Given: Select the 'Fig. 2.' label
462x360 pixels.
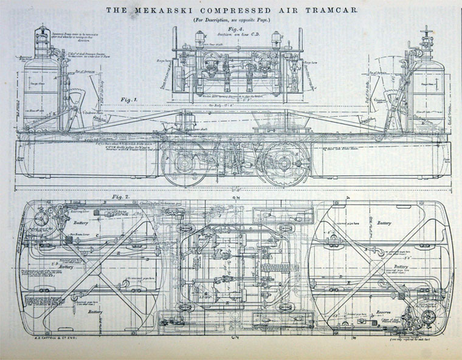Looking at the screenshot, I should (119, 197).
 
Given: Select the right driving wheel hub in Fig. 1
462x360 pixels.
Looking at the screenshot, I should (282, 164).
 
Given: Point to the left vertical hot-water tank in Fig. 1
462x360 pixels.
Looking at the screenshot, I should (41, 92).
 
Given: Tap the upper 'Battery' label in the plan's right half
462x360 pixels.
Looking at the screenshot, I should (384, 223).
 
